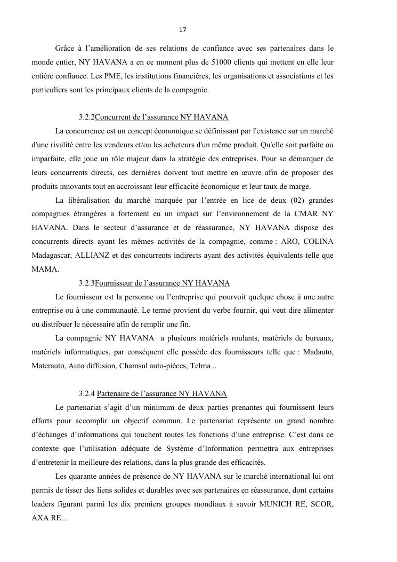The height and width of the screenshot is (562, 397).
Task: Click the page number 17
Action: coord(182,29)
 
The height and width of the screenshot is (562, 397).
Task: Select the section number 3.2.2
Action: coord(86,117)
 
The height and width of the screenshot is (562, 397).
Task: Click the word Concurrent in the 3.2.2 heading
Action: coord(114,117)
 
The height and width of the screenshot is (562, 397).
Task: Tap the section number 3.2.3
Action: coord(86,283)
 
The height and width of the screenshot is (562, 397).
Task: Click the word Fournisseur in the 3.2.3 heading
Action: coord(115,283)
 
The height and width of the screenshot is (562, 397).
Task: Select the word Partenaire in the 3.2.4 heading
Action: coord(115,394)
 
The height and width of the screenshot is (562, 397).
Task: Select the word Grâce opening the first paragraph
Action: coord(66,48)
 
